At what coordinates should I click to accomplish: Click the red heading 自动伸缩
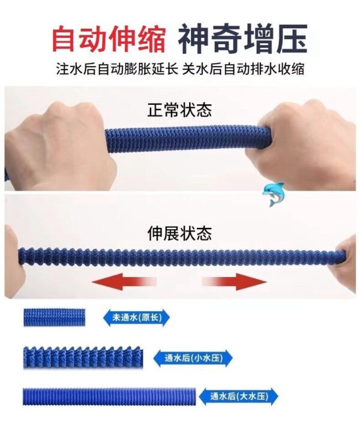pos(109,38)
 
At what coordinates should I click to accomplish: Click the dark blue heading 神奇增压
pos(243,38)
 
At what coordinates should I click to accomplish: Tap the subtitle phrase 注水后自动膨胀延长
pos(117,69)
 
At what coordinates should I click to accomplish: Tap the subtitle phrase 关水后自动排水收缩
pos(243,69)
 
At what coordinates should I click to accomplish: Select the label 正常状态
pos(179,110)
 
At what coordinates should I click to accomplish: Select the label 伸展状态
pos(179,233)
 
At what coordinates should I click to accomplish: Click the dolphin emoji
pos(274,194)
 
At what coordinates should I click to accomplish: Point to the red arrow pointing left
pos(124,282)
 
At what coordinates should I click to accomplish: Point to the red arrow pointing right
pos(235,282)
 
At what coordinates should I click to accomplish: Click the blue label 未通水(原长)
pos(137,317)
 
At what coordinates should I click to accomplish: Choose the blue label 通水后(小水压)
pos(193,358)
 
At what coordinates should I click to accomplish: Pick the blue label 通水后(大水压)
pos(239,396)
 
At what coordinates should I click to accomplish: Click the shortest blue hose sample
pos(54,317)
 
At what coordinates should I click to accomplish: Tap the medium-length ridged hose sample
pos(83,357)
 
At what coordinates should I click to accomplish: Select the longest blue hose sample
pos(109,396)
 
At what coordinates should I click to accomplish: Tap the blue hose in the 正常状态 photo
pos(182,139)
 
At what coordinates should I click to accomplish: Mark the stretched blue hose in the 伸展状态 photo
pos(177,255)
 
